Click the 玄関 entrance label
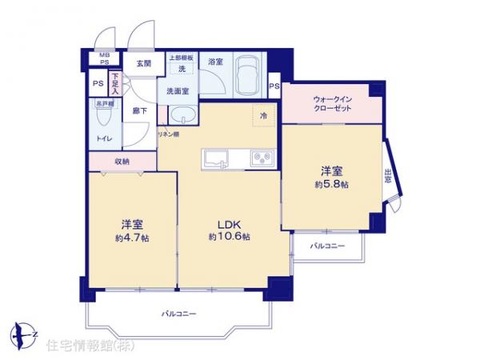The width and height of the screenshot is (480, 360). [143, 63]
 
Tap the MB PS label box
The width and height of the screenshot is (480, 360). [105, 59]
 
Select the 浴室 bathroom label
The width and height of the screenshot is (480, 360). [214, 62]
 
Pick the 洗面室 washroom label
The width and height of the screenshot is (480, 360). [178, 90]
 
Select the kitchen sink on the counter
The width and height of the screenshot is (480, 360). [217, 157]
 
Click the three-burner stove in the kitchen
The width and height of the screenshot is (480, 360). [261, 157]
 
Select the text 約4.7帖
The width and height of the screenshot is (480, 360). [131, 238]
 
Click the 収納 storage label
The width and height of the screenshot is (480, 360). [122, 162]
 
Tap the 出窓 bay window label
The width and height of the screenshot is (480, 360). [388, 177]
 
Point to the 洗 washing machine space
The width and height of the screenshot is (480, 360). [181, 69]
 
